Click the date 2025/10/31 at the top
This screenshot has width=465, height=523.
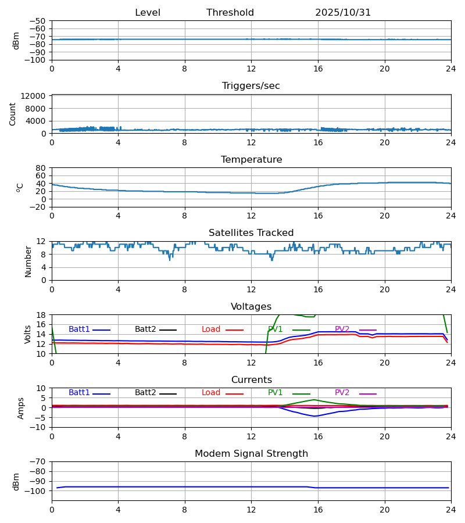pos(343,13)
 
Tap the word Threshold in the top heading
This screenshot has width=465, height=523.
pos(230,13)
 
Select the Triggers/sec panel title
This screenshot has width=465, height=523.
pos(251,86)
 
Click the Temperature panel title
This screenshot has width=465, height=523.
pos(251,160)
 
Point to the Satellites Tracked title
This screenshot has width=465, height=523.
pos(251,233)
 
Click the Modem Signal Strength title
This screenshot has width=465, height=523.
pos(251,454)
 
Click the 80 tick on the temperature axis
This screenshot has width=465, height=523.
pos(41,168)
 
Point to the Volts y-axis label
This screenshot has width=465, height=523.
pos(27,334)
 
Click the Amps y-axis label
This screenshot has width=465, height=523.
pos(22,408)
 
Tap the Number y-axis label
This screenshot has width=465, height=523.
pos(28,261)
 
